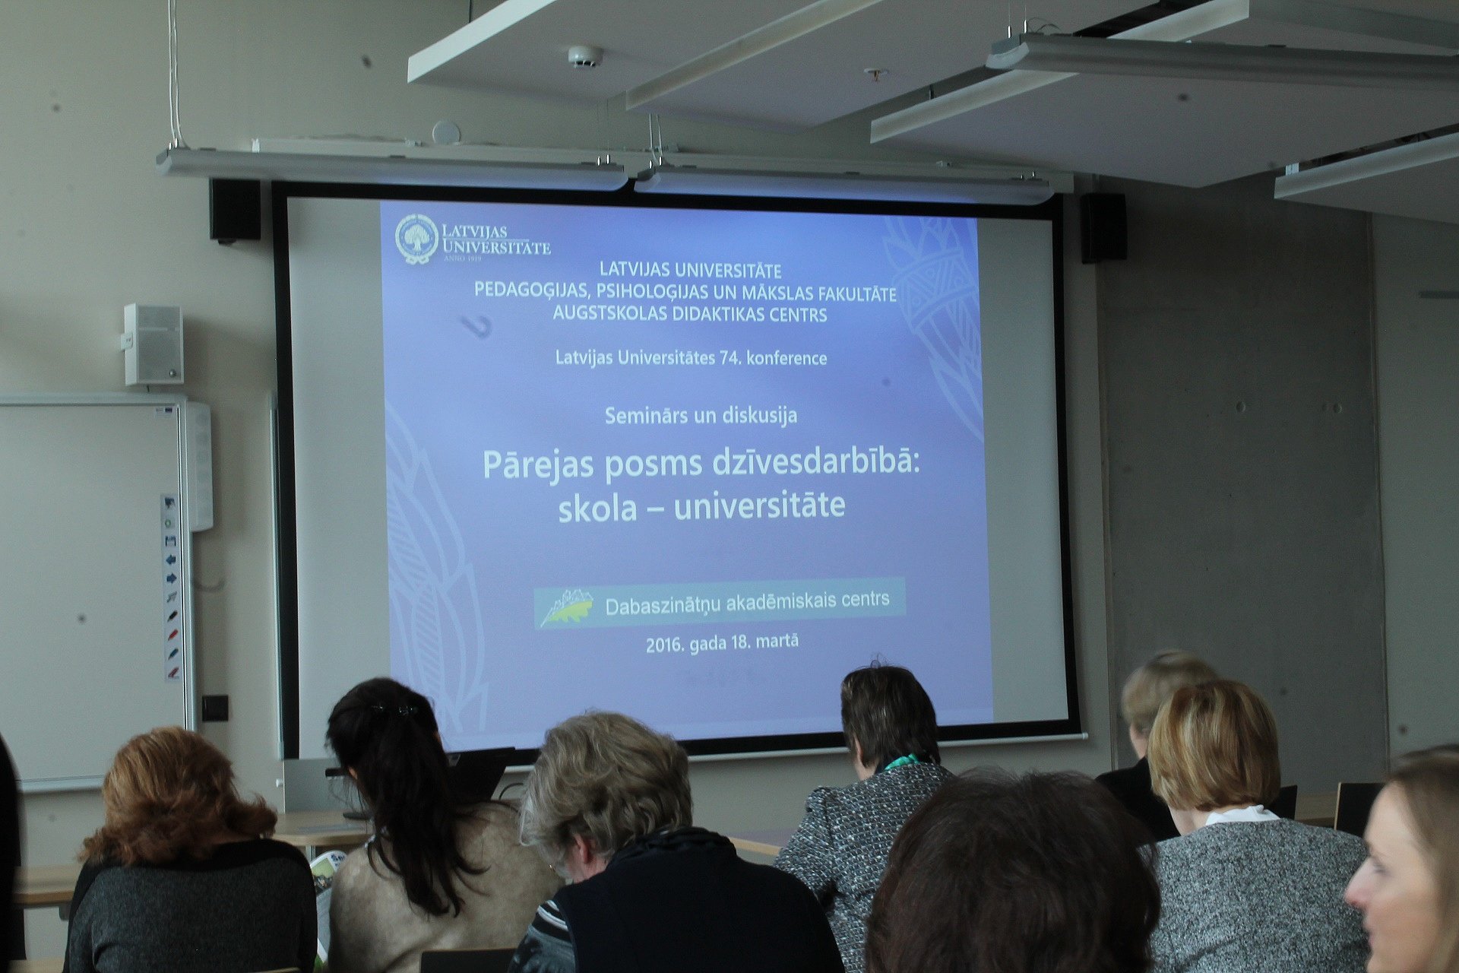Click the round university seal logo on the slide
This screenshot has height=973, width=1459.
pyautogui.click(x=416, y=239)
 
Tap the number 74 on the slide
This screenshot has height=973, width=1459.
pyautogui.click(x=729, y=357)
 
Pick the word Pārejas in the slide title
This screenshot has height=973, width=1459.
pyautogui.click(x=538, y=464)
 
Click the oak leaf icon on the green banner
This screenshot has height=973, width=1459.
pyautogui.click(x=566, y=607)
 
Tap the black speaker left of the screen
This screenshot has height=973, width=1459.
pyautogui.click(x=235, y=211)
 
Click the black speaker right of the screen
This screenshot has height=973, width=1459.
pyautogui.click(x=1103, y=227)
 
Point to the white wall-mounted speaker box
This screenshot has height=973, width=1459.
pyautogui.click(x=153, y=344)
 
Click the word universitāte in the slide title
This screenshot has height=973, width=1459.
pyautogui.click(x=759, y=505)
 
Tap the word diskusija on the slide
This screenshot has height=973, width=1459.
pyautogui.click(x=760, y=415)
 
